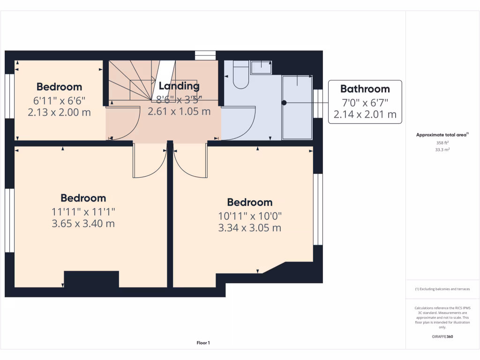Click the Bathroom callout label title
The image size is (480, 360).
(365, 89)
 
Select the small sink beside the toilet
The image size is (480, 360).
(261, 67)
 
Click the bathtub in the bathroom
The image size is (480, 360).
(297, 107)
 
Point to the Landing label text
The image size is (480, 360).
(179, 86)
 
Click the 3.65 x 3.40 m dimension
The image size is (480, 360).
(83, 224)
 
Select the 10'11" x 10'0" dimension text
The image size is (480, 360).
(249, 216)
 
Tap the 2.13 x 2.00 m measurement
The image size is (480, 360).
(59, 112)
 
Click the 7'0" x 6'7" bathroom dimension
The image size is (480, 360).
(365, 102)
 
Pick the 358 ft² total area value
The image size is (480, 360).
(442, 142)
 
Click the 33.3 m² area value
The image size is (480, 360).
(442, 150)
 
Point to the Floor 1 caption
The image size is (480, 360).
(203, 343)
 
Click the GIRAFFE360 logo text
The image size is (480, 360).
(442, 337)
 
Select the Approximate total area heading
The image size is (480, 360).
(442, 135)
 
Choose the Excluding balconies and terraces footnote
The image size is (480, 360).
(442, 289)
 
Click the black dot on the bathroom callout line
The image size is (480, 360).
(284, 102)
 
